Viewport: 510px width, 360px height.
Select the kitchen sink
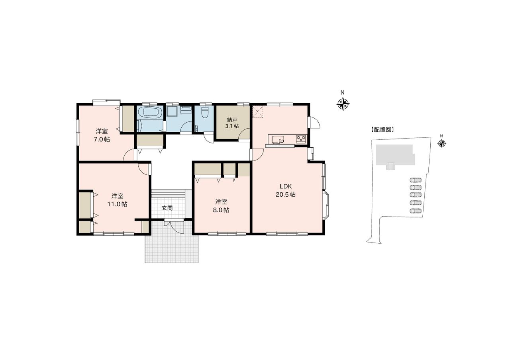(x=278, y=139)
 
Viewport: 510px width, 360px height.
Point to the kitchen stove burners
(x=301, y=139)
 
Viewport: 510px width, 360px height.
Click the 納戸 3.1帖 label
(x=232, y=123)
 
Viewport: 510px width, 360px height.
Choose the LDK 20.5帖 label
(x=286, y=190)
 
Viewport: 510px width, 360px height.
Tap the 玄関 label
(x=167, y=208)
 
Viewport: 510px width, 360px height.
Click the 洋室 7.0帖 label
(x=102, y=135)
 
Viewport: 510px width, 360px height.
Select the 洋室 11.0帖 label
(x=117, y=200)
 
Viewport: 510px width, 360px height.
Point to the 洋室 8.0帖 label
(x=221, y=206)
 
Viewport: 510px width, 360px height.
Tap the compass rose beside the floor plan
(x=343, y=104)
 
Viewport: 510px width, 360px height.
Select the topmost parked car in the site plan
(x=416, y=180)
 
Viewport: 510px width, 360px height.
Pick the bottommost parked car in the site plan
(x=416, y=211)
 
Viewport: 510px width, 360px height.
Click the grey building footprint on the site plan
(x=394, y=155)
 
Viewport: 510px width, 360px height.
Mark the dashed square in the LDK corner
(x=258, y=112)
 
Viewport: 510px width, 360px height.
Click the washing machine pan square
(x=172, y=112)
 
